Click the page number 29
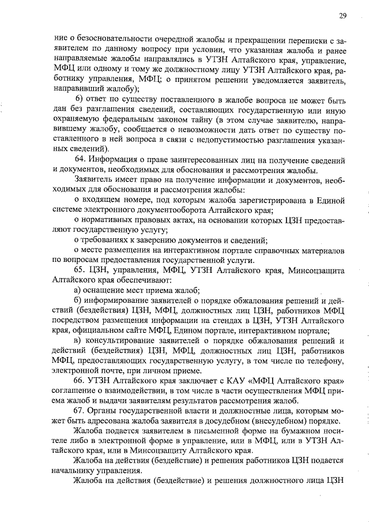342,15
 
